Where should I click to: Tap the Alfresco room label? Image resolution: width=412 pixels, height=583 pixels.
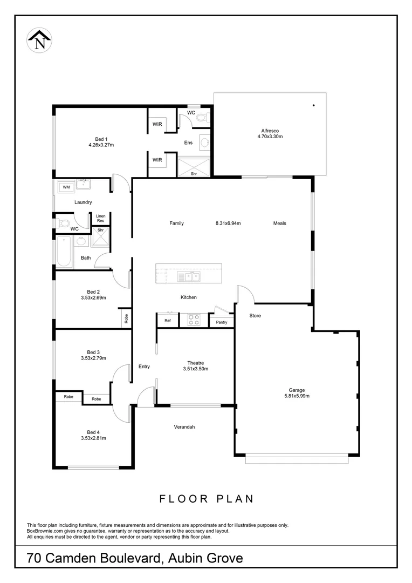(x=270, y=131)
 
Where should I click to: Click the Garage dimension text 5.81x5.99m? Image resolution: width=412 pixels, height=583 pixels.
(x=297, y=396)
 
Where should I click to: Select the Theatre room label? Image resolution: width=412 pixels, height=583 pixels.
(x=195, y=363)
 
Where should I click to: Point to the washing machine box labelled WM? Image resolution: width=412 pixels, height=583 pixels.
(x=66, y=187)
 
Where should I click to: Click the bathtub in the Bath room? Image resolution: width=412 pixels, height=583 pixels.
(x=64, y=252)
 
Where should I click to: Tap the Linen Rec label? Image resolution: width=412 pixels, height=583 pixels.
(x=101, y=218)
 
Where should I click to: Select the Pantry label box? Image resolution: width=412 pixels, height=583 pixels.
(x=222, y=322)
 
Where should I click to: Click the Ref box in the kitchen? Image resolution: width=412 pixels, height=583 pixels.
(x=168, y=321)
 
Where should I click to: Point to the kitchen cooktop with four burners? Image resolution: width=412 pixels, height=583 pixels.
(x=194, y=320)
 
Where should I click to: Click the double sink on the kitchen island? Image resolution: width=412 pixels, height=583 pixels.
(x=189, y=277)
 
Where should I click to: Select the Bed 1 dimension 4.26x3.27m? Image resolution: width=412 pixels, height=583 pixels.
(x=101, y=145)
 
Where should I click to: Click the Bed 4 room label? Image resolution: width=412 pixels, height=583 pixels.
(x=93, y=432)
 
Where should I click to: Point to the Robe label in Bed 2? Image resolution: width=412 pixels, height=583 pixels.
(x=126, y=319)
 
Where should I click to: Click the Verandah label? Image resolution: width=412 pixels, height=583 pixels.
(x=184, y=427)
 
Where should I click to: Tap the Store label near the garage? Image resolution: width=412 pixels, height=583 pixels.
(x=255, y=315)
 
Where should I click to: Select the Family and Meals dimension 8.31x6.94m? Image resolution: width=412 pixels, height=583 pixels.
(x=228, y=223)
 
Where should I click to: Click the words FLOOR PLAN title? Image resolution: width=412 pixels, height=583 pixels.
(x=206, y=499)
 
